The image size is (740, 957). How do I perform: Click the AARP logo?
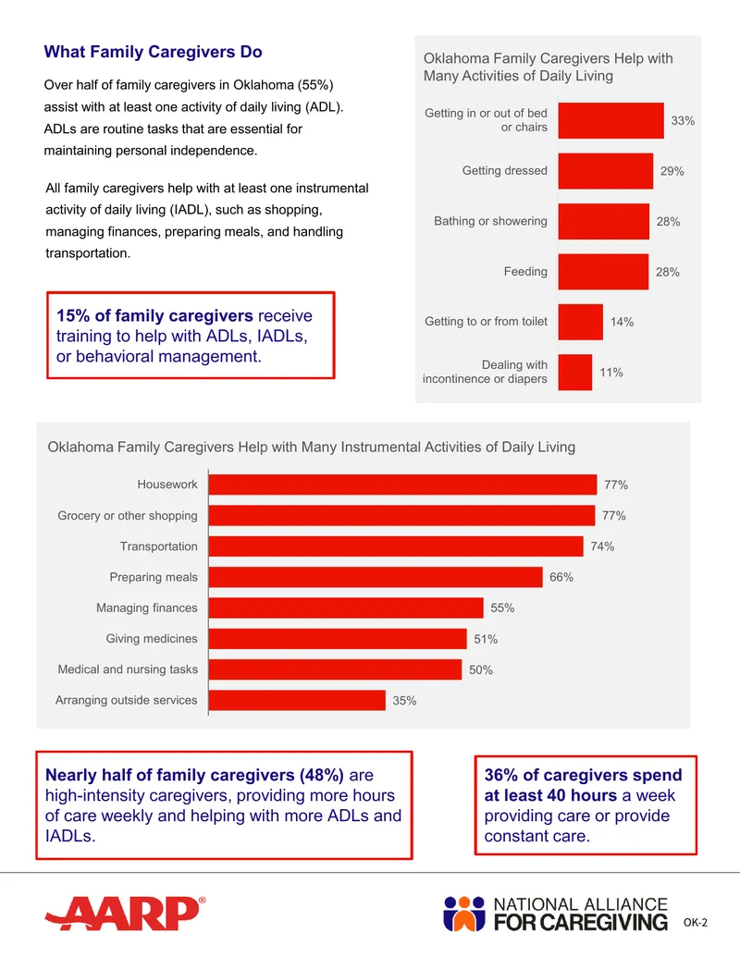(x=125, y=913)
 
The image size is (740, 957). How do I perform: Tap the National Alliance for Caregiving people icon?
(x=464, y=914)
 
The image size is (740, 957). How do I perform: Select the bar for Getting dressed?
(x=606, y=171)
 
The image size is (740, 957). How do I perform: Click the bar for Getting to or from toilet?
(x=581, y=322)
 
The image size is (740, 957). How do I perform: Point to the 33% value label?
(x=683, y=121)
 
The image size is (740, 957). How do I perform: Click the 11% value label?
(x=611, y=373)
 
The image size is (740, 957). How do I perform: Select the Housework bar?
(x=403, y=485)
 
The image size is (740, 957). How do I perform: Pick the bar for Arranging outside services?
(x=297, y=700)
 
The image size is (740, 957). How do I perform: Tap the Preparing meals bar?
(x=376, y=577)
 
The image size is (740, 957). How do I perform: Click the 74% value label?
(x=602, y=546)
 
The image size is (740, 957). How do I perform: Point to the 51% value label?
(x=486, y=639)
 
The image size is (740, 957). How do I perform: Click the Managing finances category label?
(x=146, y=607)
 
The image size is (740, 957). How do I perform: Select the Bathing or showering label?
(x=490, y=221)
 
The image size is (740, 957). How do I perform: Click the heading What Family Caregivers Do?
(x=153, y=52)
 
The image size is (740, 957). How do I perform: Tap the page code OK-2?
(x=696, y=922)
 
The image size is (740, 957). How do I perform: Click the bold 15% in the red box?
(x=73, y=315)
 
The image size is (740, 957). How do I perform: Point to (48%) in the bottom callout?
(x=321, y=775)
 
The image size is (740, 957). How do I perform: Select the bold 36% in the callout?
(x=501, y=775)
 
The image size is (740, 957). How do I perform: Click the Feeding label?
(x=525, y=272)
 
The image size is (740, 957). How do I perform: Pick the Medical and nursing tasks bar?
(x=335, y=669)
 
